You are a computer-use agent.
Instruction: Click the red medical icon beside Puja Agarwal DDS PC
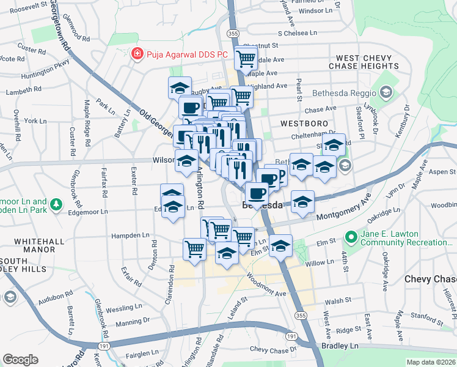[137, 54]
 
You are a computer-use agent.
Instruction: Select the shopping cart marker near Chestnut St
[246, 59]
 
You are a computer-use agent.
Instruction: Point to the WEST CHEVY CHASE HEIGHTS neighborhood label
[364, 60]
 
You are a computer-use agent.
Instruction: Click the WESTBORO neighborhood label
[301, 123]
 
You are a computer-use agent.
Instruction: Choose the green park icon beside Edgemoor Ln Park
[56, 204]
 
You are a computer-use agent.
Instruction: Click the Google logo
[20, 360]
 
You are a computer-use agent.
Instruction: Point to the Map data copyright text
[431, 362]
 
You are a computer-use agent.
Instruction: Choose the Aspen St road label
[444, 172]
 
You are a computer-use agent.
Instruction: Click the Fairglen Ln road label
[142, 354]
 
